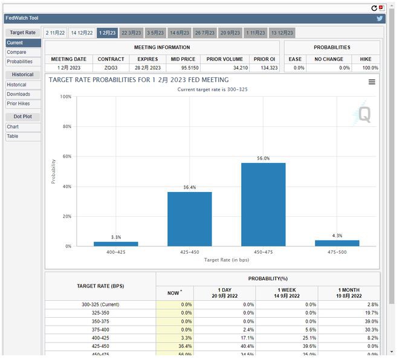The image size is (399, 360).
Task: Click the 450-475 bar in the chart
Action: (263, 205)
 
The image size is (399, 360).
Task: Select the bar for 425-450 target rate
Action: (189, 219)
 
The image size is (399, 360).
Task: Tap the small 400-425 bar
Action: (115, 244)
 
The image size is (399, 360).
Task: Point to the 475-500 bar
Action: (337, 243)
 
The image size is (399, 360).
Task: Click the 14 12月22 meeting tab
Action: (81, 33)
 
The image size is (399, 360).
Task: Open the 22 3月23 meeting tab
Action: (131, 33)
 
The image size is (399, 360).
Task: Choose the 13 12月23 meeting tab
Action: (282, 33)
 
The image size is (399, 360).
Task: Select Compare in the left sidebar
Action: (16, 52)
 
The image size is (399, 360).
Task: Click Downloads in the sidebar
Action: (18, 94)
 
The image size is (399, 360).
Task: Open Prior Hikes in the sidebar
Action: (18, 103)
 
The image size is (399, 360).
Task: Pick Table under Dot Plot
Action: (13, 136)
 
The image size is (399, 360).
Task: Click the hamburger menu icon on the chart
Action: (372, 82)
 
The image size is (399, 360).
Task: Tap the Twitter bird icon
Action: (380, 19)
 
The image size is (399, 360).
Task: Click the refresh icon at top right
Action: (374, 8)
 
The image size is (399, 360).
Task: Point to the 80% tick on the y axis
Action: (66, 126)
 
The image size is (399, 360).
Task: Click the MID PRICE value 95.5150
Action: (183, 68)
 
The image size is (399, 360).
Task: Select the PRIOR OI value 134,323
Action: (265, 68)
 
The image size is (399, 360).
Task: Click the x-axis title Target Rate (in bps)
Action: (226, 260)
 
